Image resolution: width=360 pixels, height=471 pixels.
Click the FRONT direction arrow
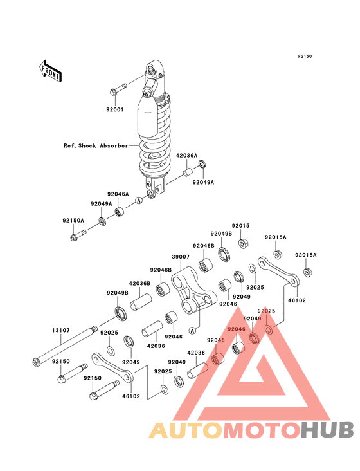click(50, 71)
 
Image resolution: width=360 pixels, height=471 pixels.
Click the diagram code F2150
click(305, 56)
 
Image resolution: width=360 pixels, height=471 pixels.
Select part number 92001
click(115, 109)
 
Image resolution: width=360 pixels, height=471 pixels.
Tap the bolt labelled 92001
click(118, 89)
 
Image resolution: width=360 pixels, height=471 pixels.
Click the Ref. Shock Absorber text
click(96, 145)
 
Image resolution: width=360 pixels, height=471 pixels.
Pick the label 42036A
click(186, 156)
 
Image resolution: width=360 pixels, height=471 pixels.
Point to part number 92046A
click(118, 194)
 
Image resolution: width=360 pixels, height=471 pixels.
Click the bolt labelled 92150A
click(78, 235)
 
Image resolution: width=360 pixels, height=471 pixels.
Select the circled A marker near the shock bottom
click(139, 199)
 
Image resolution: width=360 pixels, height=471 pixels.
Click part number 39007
click(181, 257)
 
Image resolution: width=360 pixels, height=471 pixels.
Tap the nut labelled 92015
click(242, 243)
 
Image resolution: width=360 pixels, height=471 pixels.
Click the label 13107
click(61, 331)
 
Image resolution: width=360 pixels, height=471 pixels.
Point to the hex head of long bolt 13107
click(36, 362)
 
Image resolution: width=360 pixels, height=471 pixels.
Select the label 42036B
click(139, 283)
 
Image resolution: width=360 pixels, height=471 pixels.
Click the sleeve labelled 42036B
click(141, 302)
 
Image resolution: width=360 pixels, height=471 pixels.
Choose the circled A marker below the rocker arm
click(193, 331)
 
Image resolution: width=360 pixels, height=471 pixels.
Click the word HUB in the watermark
click(328, 430)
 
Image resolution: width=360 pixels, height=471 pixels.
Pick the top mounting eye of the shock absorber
click(151, 71)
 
